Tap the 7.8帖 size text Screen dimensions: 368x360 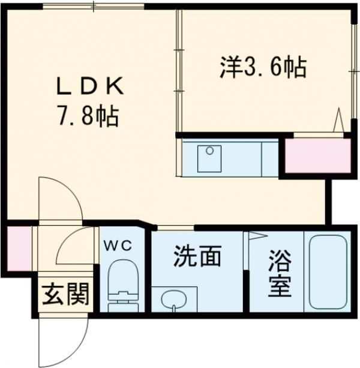(90, 115)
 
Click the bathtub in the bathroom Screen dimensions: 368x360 (327, 272)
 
